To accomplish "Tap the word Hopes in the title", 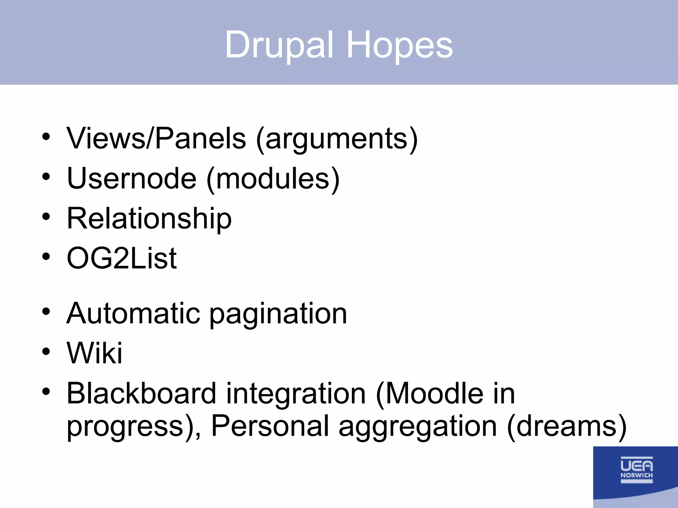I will click(x=399, y=45).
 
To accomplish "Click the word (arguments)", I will click(x=337, y=139).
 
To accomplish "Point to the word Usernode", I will click(x=132, y=179).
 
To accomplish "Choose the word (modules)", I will click(x=273, y=179).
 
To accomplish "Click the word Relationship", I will click(x=149, y=219).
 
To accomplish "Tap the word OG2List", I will click(x=121, y=258).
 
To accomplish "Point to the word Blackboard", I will click(x=141, y=393).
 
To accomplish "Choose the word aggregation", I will click(x=417, y=427).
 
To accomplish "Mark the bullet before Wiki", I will click(x=46, y=352).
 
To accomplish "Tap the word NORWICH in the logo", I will click(x=636, y=475).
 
